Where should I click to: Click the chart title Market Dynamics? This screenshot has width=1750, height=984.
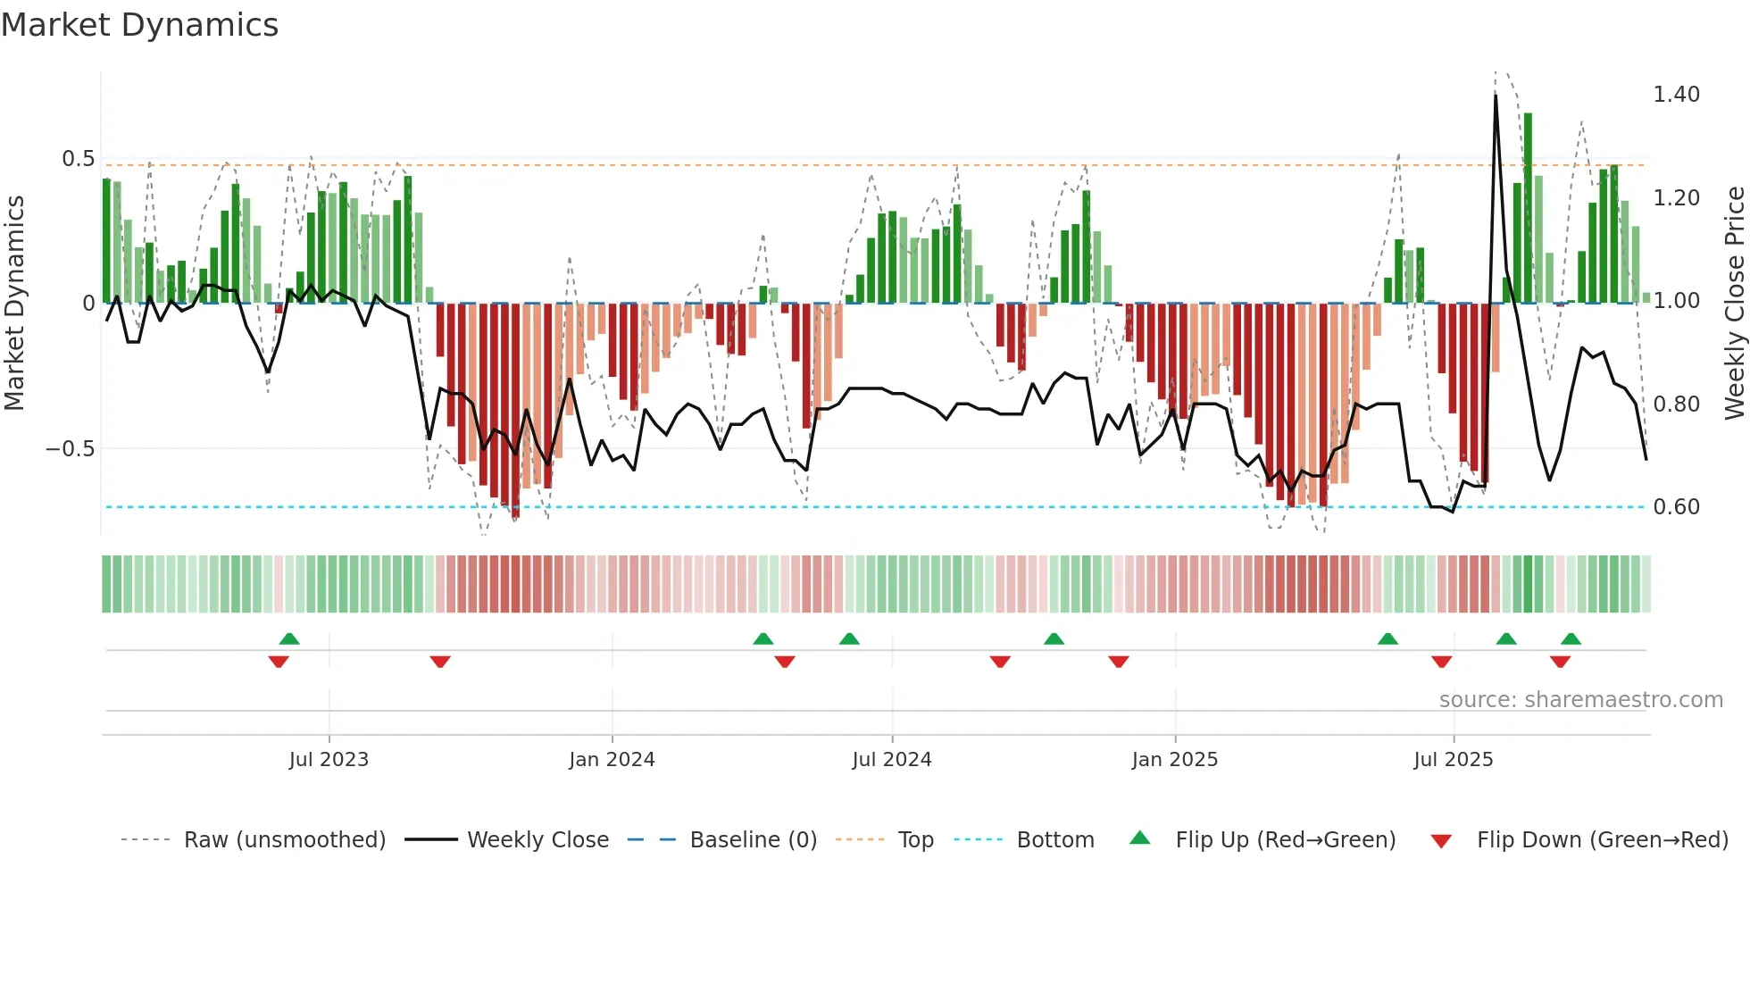[139, 25]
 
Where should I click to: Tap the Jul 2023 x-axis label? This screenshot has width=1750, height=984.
[329, 760]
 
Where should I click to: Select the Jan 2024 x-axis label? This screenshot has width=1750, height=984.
[612, 760]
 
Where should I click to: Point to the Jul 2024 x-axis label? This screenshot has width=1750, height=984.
[891, 760]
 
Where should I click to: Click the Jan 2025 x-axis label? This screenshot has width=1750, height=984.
[1174, 760]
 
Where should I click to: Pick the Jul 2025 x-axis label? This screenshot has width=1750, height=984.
[1453, 760]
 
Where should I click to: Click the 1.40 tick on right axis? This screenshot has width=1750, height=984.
[1676, 95]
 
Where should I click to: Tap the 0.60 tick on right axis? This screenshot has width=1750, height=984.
[1676, 507]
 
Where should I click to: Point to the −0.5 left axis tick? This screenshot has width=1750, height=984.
[70, 449]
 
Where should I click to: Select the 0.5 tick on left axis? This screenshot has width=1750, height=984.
[78, 159]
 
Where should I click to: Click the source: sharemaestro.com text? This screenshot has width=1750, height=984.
[1580, 700]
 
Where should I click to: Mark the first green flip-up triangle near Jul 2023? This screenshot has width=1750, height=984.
[289, 638]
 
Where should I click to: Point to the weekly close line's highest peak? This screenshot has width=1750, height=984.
[1496, 96]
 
